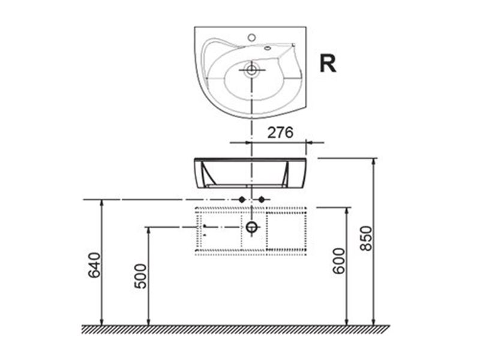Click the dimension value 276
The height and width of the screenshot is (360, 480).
point(280,133)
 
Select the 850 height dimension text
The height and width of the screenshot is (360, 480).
point(366,238)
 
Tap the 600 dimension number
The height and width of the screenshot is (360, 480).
point(339,261)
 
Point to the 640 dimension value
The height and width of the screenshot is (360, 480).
point(94,265)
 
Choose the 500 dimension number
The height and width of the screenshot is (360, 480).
point(141,276)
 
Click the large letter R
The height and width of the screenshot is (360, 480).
point(328,64)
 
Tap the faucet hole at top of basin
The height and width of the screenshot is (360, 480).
point(251,38)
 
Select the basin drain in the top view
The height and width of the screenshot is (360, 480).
point(251,70)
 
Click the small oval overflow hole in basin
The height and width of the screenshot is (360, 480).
point(268,48)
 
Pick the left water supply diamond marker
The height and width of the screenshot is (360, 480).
point(242,200)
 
